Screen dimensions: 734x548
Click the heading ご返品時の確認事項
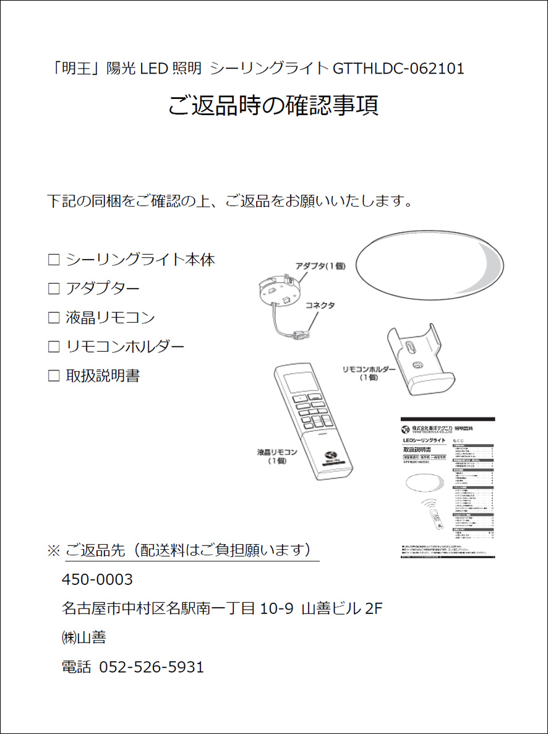tap(273, 106)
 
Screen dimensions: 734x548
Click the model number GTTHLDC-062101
tap(398, 69)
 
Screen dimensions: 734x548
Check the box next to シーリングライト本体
tap(53, 260)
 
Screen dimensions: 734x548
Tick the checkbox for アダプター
tap(53, 289)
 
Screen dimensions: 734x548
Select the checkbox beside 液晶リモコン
tap(53, 318)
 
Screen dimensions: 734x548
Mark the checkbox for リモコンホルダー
tap(53, 347)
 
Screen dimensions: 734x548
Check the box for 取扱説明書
tap(53, 376)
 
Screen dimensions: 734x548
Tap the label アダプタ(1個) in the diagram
tap(320, 266)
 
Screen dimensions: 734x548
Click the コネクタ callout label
tap(320, 305)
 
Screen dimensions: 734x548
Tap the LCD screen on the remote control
tap(298, 382)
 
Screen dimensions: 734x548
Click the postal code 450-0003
tap(97, 580)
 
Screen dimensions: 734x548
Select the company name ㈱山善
tap(83, 638)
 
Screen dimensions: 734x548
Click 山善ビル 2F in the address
tap(341, 609)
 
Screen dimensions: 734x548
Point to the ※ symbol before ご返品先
tap(53, 550)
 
